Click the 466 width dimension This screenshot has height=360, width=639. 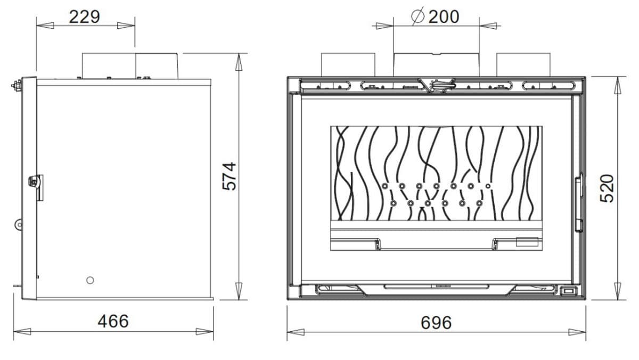113,321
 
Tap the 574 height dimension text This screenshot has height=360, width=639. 228,176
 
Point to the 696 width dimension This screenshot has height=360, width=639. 436,323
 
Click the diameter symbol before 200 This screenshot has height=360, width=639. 418,17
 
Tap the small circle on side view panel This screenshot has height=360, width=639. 90,280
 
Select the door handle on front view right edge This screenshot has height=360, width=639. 577,204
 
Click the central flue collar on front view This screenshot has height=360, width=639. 436,64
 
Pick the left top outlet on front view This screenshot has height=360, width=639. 348,64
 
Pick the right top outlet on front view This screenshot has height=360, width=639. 523,64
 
